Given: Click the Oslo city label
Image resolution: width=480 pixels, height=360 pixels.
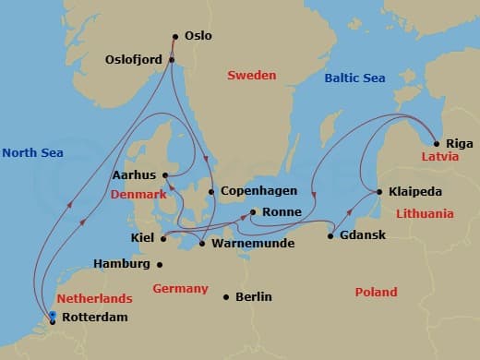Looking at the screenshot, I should (x=198, y=36).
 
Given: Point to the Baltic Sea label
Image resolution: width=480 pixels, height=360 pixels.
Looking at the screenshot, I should (x=354, y=78).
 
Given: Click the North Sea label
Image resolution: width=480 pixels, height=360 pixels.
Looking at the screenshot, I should (x=32, y=152).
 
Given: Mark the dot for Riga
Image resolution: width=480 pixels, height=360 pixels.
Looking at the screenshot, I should (x=436, y=144).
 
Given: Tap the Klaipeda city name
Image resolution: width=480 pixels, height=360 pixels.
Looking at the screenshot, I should (x=415, y=192).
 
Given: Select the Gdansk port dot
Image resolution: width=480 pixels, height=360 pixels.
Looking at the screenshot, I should (x=330, y=236).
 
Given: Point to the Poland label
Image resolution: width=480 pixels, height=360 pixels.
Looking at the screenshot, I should (x=376, y=292).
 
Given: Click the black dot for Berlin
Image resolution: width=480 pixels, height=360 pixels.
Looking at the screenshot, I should (x=226, y=297).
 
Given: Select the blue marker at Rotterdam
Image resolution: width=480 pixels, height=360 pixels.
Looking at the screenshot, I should (x=53, y=316).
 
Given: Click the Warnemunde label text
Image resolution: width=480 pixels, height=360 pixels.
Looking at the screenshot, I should (x=253, y=244).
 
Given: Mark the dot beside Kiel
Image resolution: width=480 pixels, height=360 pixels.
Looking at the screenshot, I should (x=163, y=239).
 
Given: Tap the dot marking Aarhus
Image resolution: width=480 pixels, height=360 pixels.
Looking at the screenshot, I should (x=163, y=174).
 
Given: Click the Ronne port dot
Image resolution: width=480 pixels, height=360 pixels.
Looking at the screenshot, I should (x=253, y=212).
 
